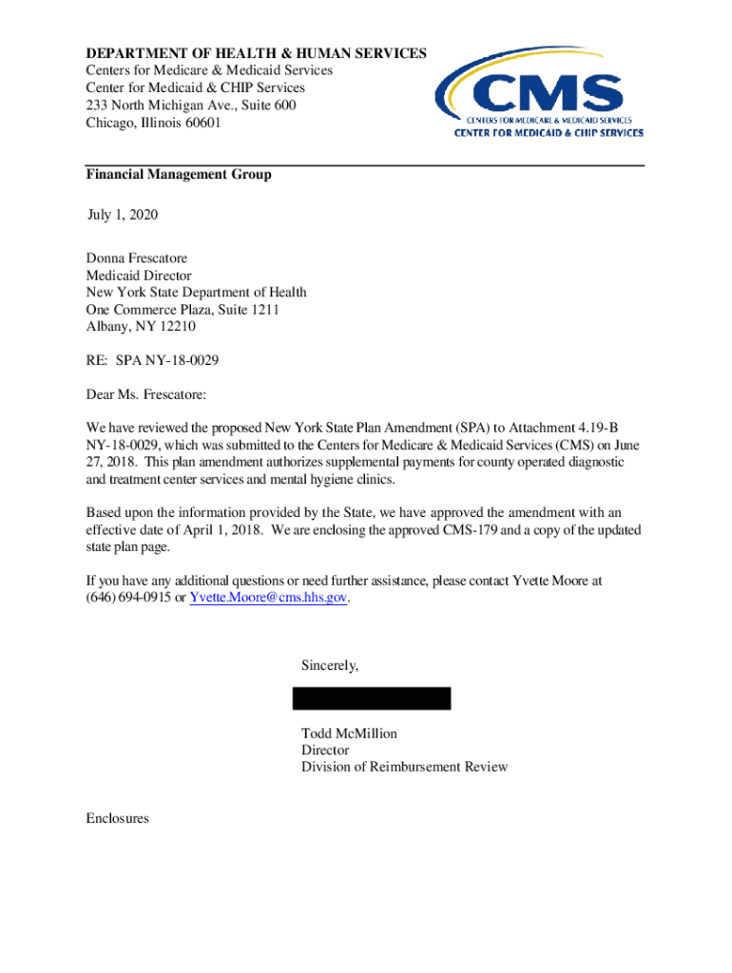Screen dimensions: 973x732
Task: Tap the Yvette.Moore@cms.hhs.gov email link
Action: tap(269, 598)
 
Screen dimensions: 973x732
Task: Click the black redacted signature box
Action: tap(371, 698)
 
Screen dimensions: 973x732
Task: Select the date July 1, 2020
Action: tap(123, 215)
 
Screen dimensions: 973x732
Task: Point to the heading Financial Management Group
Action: tap(179, 175)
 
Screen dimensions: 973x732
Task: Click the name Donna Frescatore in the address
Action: tap(137, 258)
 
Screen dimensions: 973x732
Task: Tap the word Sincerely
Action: tap(330, 665)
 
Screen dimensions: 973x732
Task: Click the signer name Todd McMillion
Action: tap(349, 734)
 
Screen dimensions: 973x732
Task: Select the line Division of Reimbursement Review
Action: tap(404, 767)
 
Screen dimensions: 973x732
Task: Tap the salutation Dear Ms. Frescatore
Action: tap(146, 394)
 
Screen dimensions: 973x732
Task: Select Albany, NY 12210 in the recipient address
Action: tap(141, 327)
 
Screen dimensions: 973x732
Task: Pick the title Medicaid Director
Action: tap(139, 276)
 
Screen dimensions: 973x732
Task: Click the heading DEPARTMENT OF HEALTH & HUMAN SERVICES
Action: tap(257, 54)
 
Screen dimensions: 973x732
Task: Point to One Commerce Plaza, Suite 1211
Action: tap(183, 310)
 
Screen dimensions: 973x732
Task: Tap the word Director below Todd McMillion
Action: tap(325, 751)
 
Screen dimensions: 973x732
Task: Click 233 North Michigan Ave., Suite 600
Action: tap(191, 105)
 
